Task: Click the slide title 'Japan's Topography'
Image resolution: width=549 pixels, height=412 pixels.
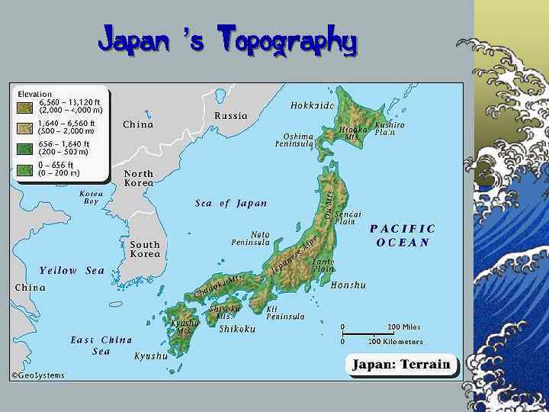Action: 227,40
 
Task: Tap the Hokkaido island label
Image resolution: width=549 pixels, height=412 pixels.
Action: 313,105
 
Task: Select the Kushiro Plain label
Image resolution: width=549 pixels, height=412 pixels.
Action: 390,128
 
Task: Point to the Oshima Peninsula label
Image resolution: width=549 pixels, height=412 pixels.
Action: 294,140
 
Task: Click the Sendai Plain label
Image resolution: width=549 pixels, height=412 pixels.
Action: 348,217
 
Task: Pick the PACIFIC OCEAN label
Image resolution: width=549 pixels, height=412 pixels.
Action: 403,235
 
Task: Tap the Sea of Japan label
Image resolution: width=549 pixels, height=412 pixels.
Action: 231,203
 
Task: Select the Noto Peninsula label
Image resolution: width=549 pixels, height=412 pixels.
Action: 251,238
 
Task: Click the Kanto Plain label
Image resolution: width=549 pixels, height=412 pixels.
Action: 324,265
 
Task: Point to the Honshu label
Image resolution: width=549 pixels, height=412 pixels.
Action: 349,285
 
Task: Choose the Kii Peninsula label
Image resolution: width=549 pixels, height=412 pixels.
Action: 285,313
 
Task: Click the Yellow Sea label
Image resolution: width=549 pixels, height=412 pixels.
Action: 72,270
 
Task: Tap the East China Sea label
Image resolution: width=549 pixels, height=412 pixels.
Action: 101,345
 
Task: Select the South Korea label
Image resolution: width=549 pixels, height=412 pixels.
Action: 145,249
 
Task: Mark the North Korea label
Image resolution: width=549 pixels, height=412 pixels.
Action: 139,178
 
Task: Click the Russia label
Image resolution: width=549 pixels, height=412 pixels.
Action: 230,116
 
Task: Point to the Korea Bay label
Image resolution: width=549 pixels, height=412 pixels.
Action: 91,197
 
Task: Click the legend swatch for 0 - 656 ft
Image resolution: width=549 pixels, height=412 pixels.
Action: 26,169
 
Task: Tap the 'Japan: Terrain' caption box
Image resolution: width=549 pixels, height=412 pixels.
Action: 401,365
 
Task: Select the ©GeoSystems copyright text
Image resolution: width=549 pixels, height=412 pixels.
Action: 37,375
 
